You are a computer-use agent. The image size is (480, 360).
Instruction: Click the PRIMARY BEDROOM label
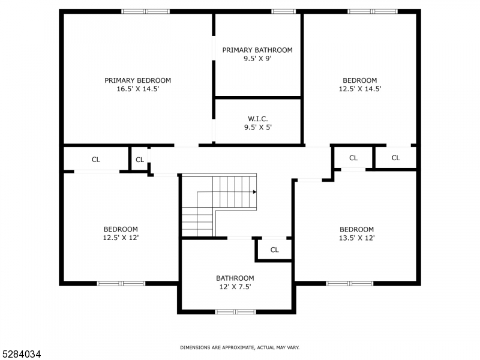137,80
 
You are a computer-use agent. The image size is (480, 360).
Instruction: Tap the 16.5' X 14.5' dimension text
137,89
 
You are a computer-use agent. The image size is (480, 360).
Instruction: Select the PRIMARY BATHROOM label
257,50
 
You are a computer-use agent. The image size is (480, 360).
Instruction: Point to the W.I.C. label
257,118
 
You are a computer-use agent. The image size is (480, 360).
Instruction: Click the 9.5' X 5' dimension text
257,127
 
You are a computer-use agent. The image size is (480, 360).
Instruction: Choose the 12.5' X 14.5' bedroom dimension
359,89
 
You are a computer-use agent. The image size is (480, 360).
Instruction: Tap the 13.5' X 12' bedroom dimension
356,238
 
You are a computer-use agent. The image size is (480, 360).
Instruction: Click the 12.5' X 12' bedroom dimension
121,238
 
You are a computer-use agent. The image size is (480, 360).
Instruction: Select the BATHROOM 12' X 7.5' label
235,282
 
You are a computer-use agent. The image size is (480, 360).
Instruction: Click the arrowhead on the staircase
254,192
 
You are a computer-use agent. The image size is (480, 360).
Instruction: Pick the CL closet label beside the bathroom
274,250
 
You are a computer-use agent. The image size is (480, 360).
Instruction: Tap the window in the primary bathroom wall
283,11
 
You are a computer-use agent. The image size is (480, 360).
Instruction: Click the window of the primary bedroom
146,11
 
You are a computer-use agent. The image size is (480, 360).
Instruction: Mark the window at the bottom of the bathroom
235,311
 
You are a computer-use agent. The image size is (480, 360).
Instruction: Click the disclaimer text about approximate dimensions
240,347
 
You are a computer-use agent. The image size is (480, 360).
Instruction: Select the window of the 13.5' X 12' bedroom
349,283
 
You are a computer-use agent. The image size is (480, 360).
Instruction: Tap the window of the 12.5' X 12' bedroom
121,283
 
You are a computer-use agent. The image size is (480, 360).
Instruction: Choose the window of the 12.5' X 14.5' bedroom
372,11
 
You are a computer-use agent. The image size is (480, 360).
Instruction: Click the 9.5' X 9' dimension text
257,59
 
